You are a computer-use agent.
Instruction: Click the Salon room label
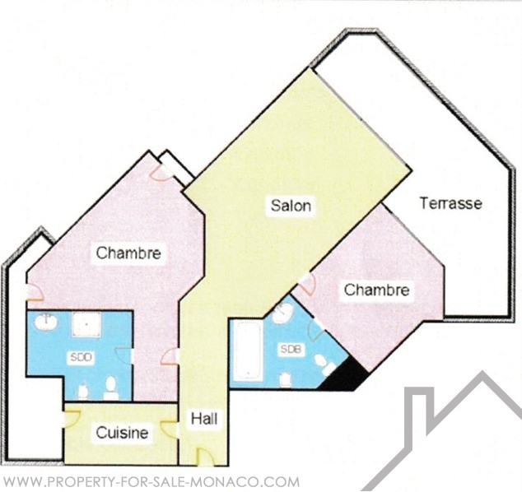pyautogui.click(x=291, y=205)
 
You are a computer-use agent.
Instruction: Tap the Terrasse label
pyautogui.click(x=450, y=203)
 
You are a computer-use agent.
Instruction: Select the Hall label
pyautogui.click(x=204, y=419)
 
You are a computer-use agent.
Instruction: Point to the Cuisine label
pyautogui.click(x=122, y=433)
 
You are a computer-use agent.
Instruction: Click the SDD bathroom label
pyautogui.click(x=81, y=357)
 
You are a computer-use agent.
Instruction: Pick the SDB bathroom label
pyautogui.click(x=291, y=349)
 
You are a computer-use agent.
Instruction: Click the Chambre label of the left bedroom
pyautogui.click(x=128, y=253)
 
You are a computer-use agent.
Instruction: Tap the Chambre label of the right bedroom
pyautogui.click(x=376, y=290)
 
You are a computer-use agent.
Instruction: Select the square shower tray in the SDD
pyautogui.click(x=86, y=324)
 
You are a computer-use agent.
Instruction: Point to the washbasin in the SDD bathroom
pyautogui.click(x=46, y=322)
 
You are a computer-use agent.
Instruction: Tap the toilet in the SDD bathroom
pyautogui.click(x=111, y=388)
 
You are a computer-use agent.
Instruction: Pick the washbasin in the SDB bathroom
pyautogui.click(x=282, y=313)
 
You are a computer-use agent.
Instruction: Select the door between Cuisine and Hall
pyautogui.click(x=169, y=429)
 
